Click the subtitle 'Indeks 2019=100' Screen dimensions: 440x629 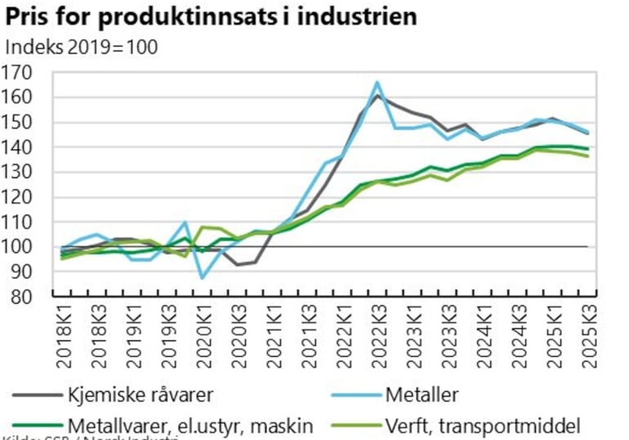(x=81, y=47)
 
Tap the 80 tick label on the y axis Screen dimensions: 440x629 (x=21, y=296)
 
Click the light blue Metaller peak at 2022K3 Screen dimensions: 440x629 (x=377, y=82)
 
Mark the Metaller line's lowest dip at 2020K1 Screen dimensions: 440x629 (x=203, y=278)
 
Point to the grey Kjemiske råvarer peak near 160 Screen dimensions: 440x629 (x=377, y=96)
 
